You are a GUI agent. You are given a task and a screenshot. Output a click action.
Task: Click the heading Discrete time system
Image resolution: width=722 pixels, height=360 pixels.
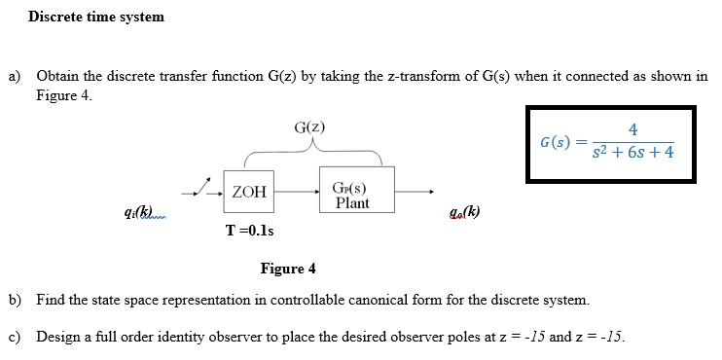96,17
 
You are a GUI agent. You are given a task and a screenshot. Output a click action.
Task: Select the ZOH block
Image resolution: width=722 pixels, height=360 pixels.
249,192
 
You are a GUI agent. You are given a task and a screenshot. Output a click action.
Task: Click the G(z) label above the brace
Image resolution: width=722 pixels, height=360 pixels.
308,127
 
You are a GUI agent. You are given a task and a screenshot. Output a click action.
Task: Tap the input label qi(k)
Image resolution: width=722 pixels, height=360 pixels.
136,212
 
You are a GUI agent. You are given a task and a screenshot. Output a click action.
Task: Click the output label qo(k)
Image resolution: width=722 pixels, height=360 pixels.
463,213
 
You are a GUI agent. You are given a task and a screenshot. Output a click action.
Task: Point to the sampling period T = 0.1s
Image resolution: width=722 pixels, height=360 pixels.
249,231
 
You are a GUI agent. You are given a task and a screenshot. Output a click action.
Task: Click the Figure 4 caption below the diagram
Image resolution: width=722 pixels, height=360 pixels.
288,269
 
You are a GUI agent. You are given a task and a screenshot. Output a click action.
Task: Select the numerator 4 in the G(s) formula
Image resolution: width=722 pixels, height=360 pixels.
633,129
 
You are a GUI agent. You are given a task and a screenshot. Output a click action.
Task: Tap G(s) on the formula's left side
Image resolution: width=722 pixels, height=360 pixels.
555,143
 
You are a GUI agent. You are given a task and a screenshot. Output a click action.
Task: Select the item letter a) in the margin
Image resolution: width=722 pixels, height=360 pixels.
15,76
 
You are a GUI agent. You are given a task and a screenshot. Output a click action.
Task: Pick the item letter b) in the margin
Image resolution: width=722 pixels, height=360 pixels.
15,299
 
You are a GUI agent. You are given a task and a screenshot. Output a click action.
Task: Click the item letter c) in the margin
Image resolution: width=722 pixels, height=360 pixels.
15,337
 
